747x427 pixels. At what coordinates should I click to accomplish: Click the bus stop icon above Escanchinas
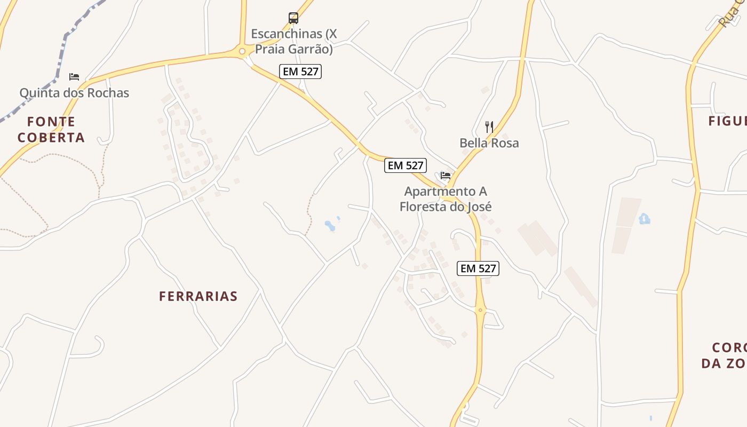pos(293,18)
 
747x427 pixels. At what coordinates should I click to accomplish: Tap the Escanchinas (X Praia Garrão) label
pos(294,42)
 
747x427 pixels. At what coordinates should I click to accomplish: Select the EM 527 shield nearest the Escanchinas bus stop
pos(300,72)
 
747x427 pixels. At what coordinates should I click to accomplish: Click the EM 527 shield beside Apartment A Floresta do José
pos(406,165)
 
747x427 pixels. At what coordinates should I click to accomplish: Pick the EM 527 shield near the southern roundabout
pos(478,268)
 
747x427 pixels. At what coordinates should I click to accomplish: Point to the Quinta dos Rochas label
pos(74,93)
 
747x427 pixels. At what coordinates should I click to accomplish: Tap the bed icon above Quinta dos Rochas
pos(74,77)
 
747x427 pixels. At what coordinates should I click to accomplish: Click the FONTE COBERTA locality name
pos(51,130)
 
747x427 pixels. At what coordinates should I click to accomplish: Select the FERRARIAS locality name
pos(198,296)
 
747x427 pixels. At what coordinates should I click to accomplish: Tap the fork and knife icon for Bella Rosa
pos(489,127)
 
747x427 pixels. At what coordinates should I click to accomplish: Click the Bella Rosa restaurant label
pos(489,143)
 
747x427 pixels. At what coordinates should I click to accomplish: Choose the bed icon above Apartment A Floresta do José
pos(446,175)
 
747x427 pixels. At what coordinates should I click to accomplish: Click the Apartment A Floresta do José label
pos(446,199)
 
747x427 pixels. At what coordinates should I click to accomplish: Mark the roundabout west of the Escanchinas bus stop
pos(242,51)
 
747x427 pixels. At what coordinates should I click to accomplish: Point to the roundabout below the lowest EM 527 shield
pos(481,310)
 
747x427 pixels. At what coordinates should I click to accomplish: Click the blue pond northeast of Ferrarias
pos(330,226)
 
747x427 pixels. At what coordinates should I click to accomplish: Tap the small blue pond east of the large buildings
pos(645,219)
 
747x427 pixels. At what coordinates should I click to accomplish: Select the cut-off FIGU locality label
pos(727,121)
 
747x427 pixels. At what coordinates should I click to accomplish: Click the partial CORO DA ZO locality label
pos(725,355)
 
